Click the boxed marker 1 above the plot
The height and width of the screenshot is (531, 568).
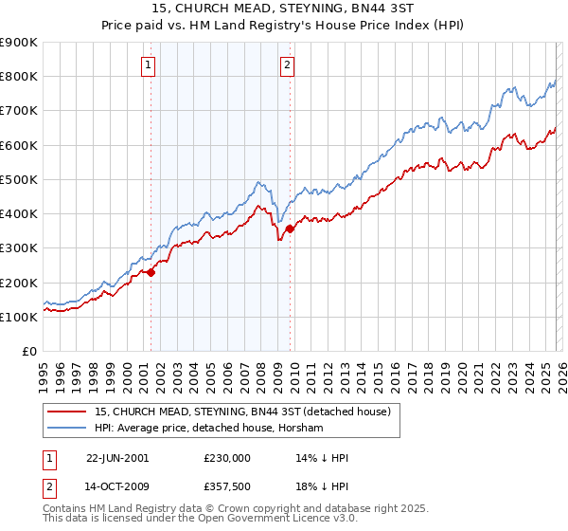coord(151,65)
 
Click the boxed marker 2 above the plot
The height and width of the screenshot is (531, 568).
coord(287,65)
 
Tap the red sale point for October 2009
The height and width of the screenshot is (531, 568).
coord(290,228)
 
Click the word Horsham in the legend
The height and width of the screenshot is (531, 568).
coord(303,429)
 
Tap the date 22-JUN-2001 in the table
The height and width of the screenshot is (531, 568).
coord(117,458)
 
